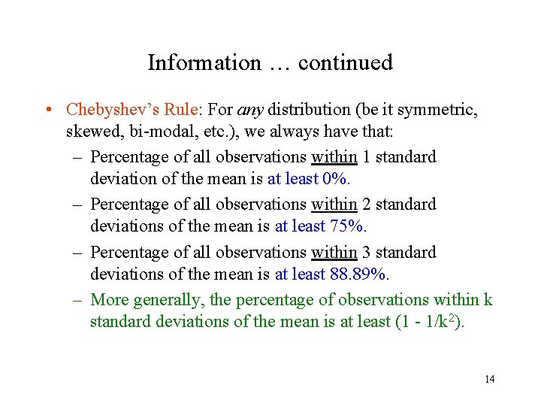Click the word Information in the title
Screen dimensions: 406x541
(204, 62)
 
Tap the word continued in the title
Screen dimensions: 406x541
(345, 62)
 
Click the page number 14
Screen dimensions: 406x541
(489, 379)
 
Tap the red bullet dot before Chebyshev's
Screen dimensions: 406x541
(49, 110)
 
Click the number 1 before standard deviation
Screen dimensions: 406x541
(366, 157)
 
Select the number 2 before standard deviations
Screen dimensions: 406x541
(367, 205)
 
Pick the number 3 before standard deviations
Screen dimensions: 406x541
(367, 253)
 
